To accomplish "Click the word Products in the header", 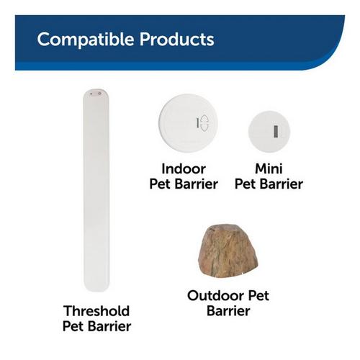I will tap(172, 39).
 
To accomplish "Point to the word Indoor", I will tap(184, 168).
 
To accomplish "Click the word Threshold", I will tap(96, 311).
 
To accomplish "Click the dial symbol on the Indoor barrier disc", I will tap(203, 123).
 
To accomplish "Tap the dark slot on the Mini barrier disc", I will tap(275, 131).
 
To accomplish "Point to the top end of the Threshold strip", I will tap(96, 93).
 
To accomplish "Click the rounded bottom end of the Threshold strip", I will tap(96, 287).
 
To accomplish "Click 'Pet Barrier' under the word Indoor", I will tap(184, 184).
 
